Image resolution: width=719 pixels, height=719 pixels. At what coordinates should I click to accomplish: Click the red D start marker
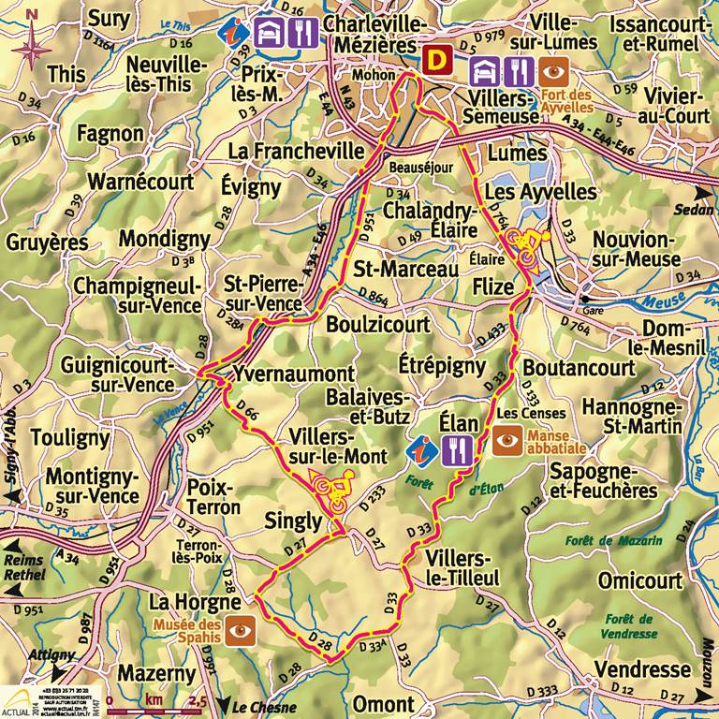pos(435,61)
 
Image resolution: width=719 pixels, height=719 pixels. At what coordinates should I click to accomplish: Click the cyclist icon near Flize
pos(524,246)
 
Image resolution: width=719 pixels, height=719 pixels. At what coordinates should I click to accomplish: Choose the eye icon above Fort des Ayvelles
pos(554,70)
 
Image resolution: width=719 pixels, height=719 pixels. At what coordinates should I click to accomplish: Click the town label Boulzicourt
pos(378,325)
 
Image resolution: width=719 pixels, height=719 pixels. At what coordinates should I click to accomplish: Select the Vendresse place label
pos(642,669)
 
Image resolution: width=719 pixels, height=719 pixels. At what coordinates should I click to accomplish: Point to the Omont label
pos(384,704)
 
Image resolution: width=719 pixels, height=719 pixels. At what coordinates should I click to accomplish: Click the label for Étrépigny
pos(443,363)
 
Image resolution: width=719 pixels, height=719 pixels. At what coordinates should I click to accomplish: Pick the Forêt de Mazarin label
pos(613,540)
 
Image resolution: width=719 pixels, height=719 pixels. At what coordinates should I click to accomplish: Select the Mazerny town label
pos(156,673)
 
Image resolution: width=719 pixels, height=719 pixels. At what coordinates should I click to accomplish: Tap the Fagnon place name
pos(110,134)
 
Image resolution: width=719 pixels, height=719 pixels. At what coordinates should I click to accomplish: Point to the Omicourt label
pos(640,580)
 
